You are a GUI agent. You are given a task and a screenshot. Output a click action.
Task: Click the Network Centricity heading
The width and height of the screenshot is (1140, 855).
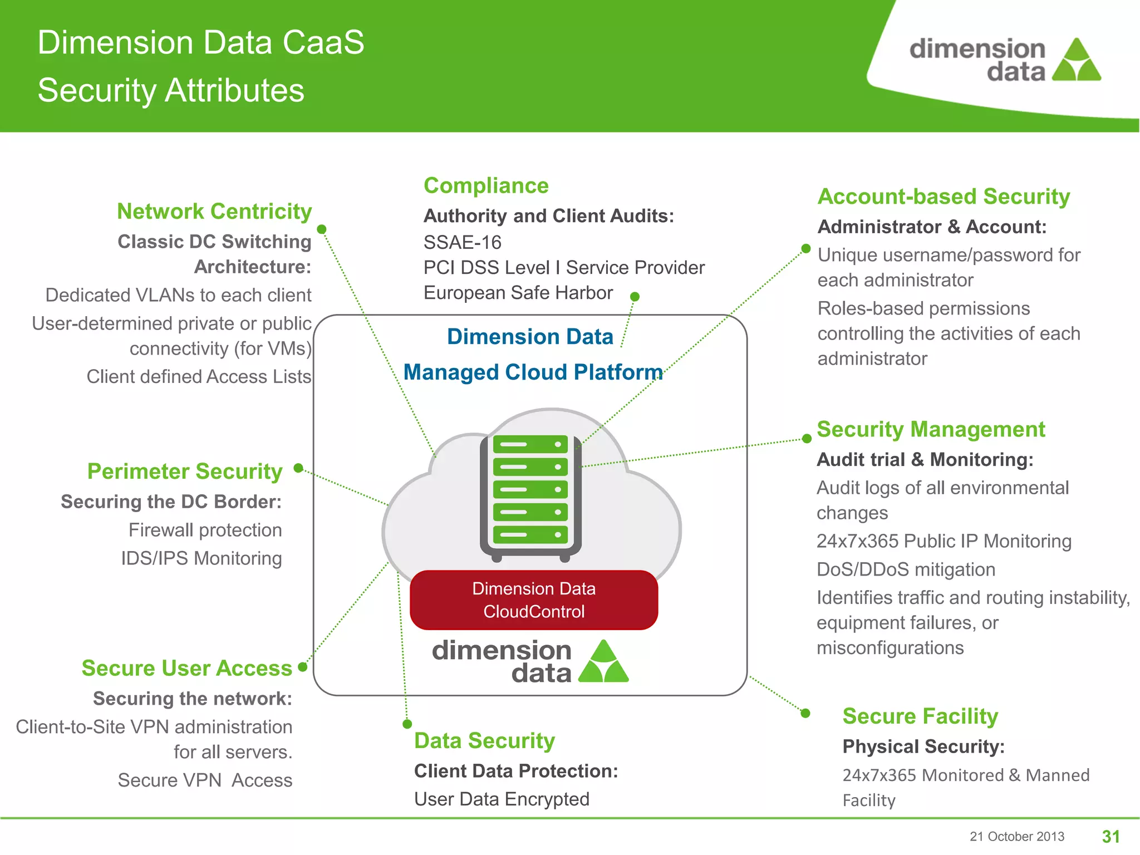214,212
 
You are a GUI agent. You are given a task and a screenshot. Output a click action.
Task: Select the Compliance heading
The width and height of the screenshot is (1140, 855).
486,186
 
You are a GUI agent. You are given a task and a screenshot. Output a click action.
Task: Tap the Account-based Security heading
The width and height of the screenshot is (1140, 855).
944,196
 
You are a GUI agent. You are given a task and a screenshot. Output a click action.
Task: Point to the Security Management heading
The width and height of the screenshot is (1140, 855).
931,429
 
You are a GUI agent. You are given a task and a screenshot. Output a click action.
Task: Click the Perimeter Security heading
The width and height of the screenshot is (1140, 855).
185,471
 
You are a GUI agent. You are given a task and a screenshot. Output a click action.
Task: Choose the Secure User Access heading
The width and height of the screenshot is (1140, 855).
186,668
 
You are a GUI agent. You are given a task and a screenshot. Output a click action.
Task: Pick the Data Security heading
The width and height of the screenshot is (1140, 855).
484,741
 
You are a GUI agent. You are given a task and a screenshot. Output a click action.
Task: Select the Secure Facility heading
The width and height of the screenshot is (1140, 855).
920,716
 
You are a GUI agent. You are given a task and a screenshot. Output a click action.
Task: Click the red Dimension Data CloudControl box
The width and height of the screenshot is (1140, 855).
534,600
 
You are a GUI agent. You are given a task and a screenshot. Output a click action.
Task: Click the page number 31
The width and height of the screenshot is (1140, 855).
1110,837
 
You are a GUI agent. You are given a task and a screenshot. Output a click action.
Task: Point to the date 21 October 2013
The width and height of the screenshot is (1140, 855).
1016,837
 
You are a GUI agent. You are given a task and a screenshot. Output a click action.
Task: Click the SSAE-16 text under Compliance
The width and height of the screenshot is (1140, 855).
462,243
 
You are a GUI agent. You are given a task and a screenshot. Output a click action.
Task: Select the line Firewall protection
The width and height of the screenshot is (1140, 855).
205,530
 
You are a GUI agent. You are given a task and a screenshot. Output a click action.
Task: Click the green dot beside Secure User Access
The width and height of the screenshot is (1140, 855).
303,667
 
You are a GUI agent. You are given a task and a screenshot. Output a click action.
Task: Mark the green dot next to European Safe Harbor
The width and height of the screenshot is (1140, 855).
635,297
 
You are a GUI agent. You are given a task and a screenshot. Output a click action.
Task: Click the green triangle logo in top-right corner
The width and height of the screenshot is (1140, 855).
1077,61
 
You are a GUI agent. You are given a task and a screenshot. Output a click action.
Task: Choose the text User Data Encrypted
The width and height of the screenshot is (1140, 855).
502,799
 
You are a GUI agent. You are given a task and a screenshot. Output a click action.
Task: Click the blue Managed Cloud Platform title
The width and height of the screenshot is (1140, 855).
533,372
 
